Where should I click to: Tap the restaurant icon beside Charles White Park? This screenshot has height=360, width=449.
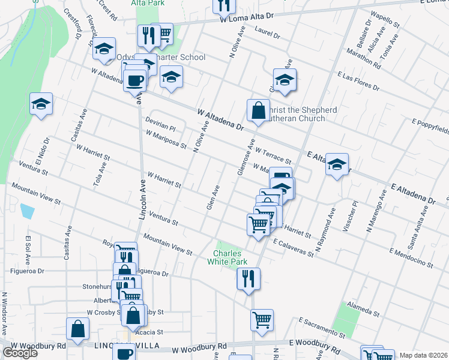(x=248, y=279)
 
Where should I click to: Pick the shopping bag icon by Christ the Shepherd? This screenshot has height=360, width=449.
(x=258, y=111)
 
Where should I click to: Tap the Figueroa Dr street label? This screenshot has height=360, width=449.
(x=28, y=271)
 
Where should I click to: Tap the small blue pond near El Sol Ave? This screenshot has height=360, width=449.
(x=27, y=211)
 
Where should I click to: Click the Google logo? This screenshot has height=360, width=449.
(x=20, y=353)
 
